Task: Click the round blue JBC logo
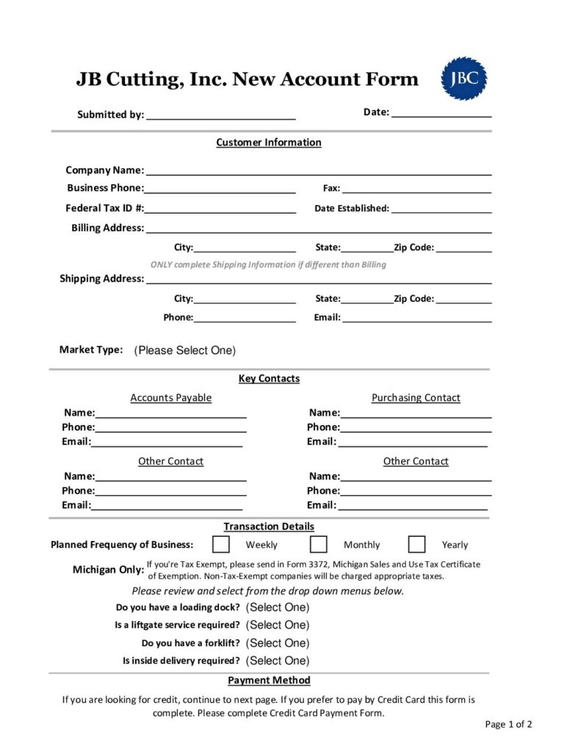(x=463, y=79)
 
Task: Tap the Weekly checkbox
(x=220, y=544)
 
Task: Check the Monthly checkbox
(x=318, y=544)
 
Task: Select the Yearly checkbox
(x=416, y=544)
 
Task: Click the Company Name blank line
(x=319, y=170)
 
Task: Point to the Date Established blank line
(x=441, y=209)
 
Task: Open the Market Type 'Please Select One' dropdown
(x=184, y=350)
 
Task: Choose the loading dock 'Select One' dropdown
(x=278, y=607)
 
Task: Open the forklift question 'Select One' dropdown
(x=278, y=643)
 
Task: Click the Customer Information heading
(x=269, y=142)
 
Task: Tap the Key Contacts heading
(x=269, y=379)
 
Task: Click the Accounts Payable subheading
(x=170, y=398)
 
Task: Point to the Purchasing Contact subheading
(x=416, y=398)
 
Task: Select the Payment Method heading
(x=269, y=681)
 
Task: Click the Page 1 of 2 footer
(x=508, y=724)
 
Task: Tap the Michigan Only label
(x=108, y=570)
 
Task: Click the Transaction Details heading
(x=269, y=527)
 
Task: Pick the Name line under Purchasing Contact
(x=416, y=413)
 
